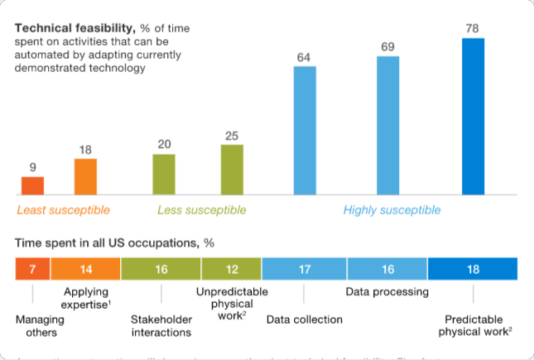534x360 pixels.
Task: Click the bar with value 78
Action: point(473,117)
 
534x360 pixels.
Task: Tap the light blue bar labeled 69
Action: point(388,126)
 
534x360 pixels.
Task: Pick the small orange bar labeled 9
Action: point(32,186)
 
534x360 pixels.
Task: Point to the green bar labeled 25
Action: point(232,170)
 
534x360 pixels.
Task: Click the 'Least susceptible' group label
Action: point(63,210)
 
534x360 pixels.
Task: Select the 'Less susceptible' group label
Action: point(201,210)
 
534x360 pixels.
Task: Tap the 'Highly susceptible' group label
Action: point(392,210)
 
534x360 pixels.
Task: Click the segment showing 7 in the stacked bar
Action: point(32,269)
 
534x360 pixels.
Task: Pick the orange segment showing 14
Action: point(85,269)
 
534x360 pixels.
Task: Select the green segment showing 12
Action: point(232,269)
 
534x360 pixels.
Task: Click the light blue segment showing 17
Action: point(304,269)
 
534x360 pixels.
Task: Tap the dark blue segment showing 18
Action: point(473,269)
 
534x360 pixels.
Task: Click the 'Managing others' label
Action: point(36,326)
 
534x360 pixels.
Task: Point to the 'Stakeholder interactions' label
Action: point(161,326)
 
